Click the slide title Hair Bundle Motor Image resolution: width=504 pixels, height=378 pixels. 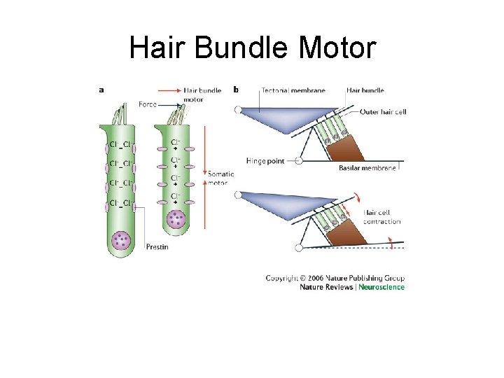click(x=252, y=49)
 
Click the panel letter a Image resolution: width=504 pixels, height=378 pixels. click(x=102, y=89)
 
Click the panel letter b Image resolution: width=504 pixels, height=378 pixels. click(x=235, y=89)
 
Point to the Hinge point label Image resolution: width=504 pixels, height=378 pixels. click(x=265, y=161)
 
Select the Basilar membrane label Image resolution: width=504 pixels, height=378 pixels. click(x=367, y=168)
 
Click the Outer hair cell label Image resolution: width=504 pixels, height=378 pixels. click(x=383, y=111)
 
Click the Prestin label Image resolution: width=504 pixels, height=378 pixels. click(x=156, y=246)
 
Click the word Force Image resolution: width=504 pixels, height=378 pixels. click(x=148, y=104)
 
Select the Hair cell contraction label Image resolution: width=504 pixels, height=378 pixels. click(x=381, y=217)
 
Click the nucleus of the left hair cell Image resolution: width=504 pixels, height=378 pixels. click(x=122, y=240)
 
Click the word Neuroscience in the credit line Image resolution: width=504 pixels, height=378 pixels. click(x=381, y=287)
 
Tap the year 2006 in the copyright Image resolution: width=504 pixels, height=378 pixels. click(x=314, y=278)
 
